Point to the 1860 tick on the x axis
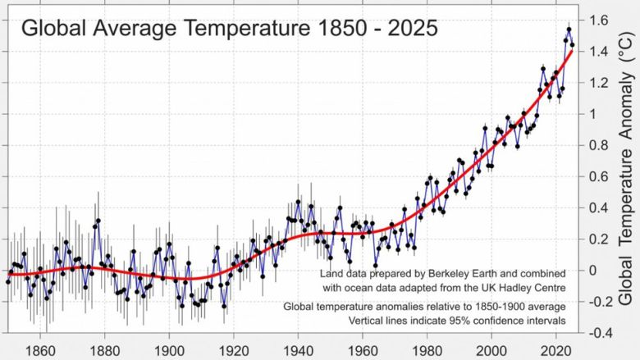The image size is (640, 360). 40,347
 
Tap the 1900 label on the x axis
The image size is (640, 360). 169,347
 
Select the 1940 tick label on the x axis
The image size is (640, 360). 298,347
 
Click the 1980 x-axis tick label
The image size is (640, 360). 427,347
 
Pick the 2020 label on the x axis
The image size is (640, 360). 556,347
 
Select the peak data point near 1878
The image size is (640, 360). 98,221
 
